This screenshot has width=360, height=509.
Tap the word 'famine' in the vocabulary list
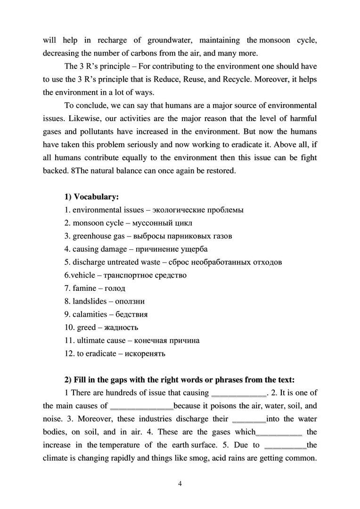(x=85, y=288)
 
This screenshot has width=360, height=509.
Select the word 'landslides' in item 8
(x=90, y=301)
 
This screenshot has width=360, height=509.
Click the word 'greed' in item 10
(x=86, y=327)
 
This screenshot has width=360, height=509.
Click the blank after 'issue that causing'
(x=240, y=393)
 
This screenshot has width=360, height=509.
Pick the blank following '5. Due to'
(x=286, y=445)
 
